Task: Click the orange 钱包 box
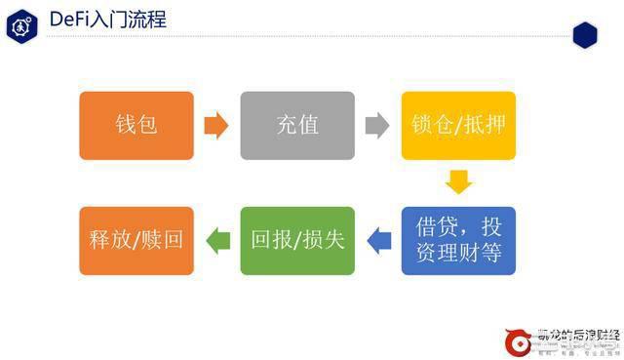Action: (x=136, y=126)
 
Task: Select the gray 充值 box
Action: (x=297, y=126)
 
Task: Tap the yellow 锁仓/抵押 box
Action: (x=458, y=126)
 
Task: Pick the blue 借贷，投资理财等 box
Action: (x=458, y=241)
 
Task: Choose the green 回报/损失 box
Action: (x=297, y=241)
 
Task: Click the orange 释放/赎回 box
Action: (x=136, y=241)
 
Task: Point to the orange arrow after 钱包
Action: (x=216, y=126)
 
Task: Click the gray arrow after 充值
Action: (x=377, y=126)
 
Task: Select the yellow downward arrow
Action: (x=458, y=182)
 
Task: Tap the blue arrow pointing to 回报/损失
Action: (x=377, y=239)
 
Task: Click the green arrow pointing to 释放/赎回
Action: (x=216, y=239)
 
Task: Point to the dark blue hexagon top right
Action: (x=584, y=34)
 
